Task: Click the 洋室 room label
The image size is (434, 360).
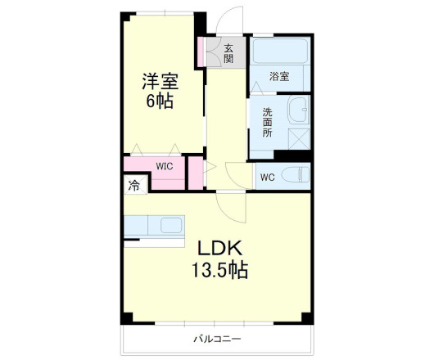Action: (160, 82)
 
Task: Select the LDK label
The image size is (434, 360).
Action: (216, 247)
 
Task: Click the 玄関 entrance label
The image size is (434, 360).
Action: (228, 54)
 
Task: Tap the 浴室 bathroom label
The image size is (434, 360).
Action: (280, 77)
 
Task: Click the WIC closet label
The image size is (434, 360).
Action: (165, 166)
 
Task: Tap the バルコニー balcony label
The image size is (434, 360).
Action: (217, 339)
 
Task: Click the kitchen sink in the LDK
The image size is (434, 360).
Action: (172, 225)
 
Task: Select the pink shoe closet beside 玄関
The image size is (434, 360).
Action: (201, 52)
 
